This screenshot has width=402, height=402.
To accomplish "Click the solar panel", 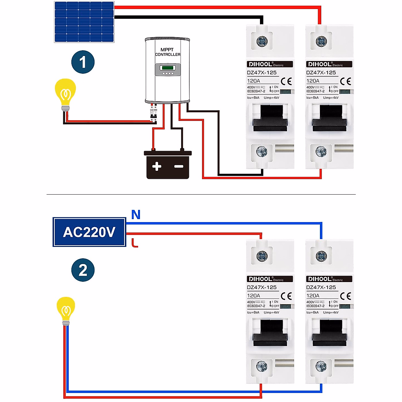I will click(x=84, y=22).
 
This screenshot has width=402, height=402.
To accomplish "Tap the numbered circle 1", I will click(x=83, y=62).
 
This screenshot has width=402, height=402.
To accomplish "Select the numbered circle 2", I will click(x=83, y=270).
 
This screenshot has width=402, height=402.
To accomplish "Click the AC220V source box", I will click(x=89, y=232).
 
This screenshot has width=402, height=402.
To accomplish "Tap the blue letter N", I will click(x=136, y=215).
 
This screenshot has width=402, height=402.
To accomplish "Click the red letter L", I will click(x=135, y=243).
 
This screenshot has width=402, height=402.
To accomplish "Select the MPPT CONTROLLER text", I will click(x=167, y=52).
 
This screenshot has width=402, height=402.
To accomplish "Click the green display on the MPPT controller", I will click(x=167, y=68).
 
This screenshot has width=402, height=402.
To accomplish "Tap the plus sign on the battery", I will click(x=156, y=166).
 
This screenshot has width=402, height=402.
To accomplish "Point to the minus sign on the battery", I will click(x=179, y=166).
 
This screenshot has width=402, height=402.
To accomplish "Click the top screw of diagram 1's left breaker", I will click(x=262, y=42).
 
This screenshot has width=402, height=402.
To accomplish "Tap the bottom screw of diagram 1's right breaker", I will click(x=321, y=151).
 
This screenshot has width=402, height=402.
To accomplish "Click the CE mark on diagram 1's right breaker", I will click(x=345, y=81).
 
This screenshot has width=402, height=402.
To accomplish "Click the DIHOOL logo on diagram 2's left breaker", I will click(x=260, y=279).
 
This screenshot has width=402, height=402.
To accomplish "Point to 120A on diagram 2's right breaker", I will click(x=313, y=296).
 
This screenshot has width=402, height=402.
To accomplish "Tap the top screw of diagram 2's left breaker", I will click(x=262, y=256).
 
